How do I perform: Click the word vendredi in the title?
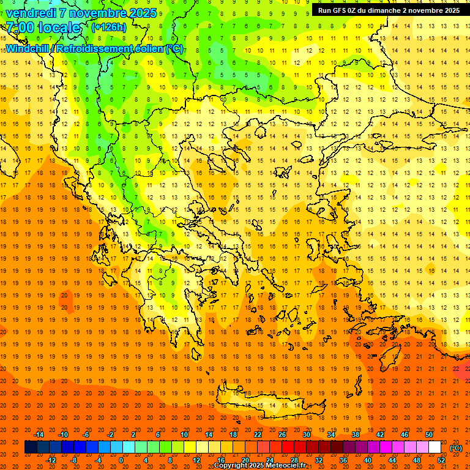point(31,13)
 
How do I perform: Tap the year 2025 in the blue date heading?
point(142,13)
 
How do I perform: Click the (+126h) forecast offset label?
point(108,28)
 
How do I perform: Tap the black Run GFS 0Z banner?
point(389,10)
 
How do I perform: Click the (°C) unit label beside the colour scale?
point(456,447)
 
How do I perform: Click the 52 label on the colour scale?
point(441,460)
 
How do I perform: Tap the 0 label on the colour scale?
point(121,460)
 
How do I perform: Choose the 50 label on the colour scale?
point(429,435)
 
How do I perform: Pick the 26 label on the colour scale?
point(282,435)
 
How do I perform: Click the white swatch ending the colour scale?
point(435,447)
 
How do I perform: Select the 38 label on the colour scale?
point(356,435)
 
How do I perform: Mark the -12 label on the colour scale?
point(51,460)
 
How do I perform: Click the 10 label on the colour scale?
point(184,435)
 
